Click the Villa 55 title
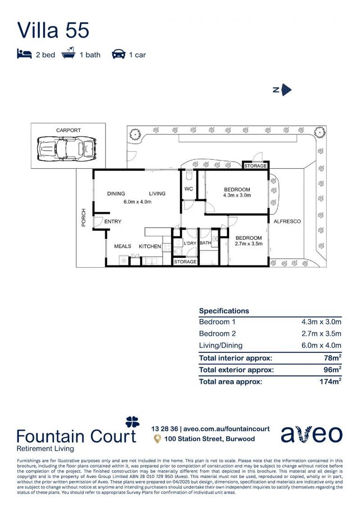click(x=53, y=30)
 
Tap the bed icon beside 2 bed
click(x=25, y=54)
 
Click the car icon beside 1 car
click(x=118, y=54)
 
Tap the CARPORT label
click(x=68, y=130)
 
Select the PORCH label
click(x=84, y=217)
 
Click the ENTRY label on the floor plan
click(x=113, y=222)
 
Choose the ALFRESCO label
click(x=287, y=221)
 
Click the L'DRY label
click(x=190, y=243)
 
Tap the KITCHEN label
click(x=150, y=246)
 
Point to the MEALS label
click(x=123, y=246)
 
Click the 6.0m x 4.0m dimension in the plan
click(x=137, y=202)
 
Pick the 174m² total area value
click(x=329, y=382)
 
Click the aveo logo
click(x=311, y=434)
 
